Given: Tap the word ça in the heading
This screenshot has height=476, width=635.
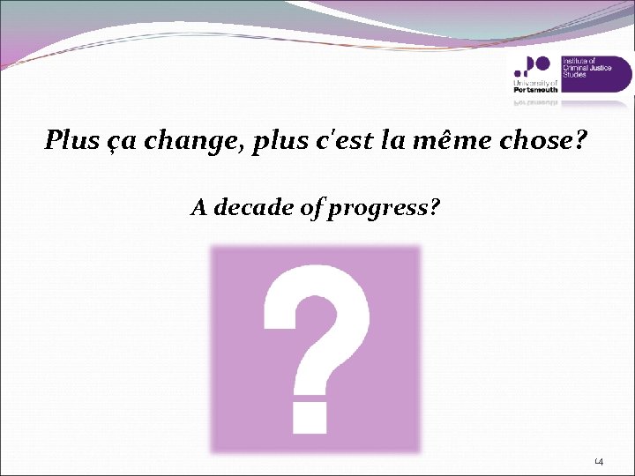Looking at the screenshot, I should (116, 141).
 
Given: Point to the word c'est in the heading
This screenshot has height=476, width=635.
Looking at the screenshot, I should (347, 139).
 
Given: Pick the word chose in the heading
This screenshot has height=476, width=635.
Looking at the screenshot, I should (542, 139).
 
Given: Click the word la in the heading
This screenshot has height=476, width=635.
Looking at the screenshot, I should (397, 139).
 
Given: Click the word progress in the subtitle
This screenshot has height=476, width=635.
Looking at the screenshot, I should (385, 210).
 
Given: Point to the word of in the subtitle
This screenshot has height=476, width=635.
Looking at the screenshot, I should (314, 210).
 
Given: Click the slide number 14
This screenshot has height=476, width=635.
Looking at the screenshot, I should (597, 462).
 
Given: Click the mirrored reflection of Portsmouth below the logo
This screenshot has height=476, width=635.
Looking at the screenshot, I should (534, 102).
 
